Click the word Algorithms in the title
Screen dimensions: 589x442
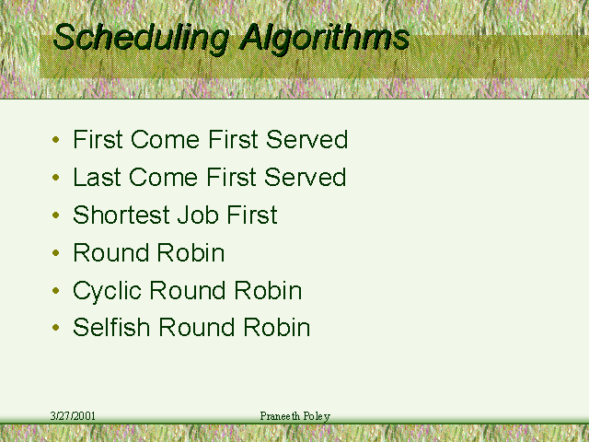325,38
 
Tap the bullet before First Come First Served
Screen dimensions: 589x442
56,140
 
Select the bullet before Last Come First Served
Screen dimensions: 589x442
56,177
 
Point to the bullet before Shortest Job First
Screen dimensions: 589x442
56,215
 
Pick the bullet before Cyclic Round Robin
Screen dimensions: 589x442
56,290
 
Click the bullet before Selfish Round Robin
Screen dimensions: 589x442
56,328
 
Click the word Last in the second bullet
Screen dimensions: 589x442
97,177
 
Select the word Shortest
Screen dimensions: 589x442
121,215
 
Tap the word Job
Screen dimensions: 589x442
198,215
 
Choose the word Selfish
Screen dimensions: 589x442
111,327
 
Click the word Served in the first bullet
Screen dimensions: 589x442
306,139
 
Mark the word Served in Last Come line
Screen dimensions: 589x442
305,177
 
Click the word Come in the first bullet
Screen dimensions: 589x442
165,139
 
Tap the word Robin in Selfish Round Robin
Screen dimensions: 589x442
276,327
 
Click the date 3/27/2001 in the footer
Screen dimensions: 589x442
73,416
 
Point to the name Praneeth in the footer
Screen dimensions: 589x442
280,416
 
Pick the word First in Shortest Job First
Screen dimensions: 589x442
252,215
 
